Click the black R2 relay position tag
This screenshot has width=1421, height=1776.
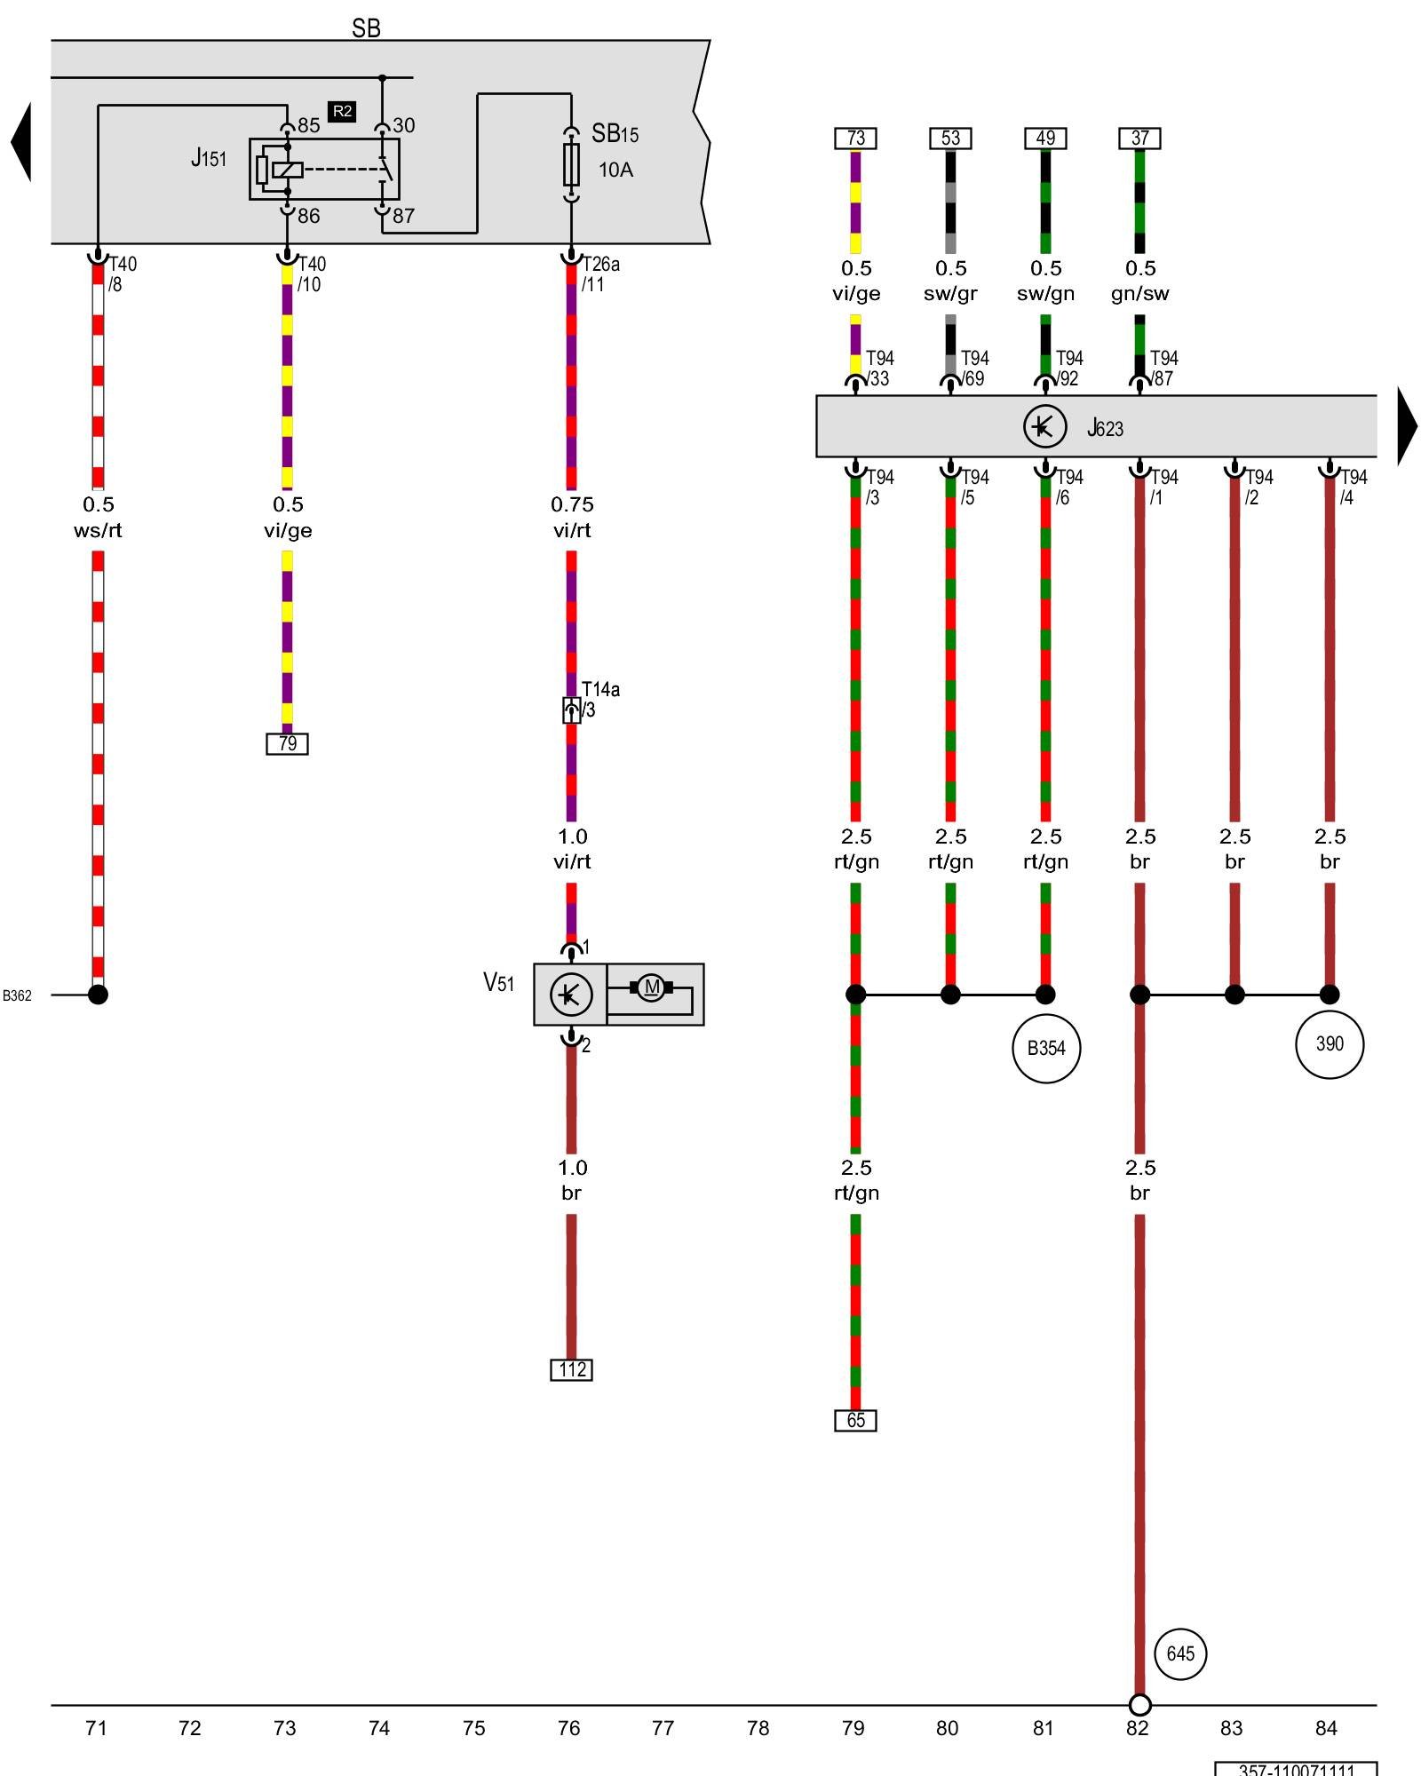coord(342,111)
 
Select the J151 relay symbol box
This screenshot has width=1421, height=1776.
coord(324,169)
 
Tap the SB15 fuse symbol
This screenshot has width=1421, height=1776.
coord(571,164)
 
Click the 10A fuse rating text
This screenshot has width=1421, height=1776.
coord(615,170)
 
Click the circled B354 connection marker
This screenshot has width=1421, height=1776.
coord(1046,1048)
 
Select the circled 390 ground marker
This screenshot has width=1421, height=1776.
coord(1330,1043)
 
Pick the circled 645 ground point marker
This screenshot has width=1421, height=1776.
coord(1180,1653)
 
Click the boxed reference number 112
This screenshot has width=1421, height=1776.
coord(571,1369)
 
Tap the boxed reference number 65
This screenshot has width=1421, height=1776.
coord(855,1420)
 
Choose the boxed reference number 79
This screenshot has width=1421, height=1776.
coord(287,743)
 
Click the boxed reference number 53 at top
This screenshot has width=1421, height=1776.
coord(950,139)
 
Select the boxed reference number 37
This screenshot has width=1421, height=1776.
coord(1139,139)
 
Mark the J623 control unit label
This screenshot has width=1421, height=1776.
coord(1106,428)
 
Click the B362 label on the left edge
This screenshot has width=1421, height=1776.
coord(17,995)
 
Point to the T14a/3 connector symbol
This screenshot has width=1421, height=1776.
coord(572,710)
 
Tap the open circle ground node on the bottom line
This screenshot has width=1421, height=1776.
coord(1139,1705)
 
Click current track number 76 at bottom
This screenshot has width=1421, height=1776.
coord(568,1728)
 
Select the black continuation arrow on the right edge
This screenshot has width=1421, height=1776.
coord(1407,426)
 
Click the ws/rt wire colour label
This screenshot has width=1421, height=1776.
coord(98,530)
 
